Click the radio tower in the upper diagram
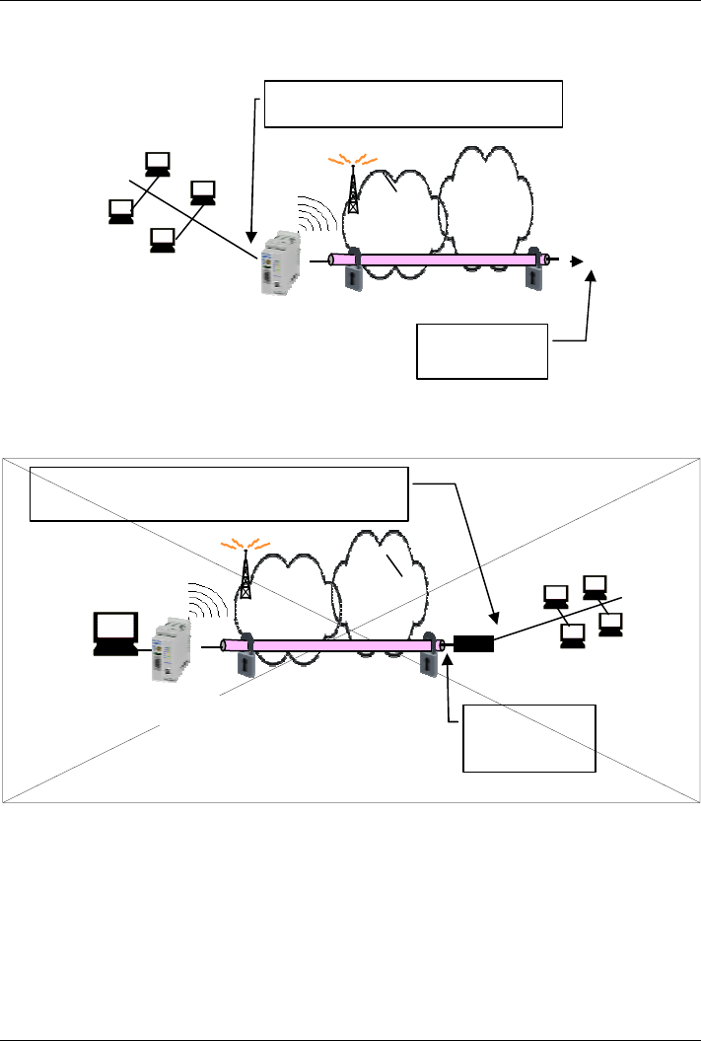[352, 188]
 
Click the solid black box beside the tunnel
[473, 645]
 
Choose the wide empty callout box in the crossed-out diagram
[219, 492]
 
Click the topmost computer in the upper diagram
[156, 164]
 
